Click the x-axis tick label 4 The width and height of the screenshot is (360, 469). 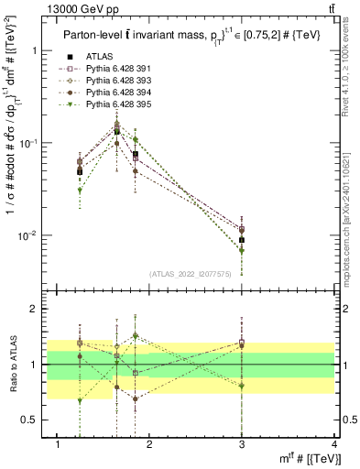point(334,444)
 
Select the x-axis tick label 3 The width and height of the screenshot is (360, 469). point(242,444)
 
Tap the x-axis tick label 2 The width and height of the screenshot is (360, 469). point(150,444)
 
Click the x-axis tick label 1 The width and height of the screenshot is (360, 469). point(58,444)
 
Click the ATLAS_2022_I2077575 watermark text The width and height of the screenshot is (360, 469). point(190,274)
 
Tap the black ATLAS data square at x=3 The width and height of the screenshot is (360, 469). point(242,240)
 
